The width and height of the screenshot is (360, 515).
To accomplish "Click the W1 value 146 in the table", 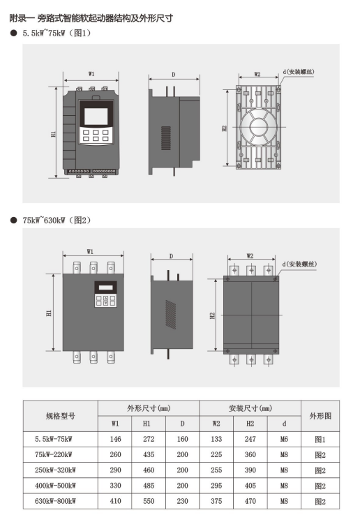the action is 115,439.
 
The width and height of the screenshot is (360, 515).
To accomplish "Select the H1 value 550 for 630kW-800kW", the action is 149,501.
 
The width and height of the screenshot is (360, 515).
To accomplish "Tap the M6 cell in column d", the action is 284,439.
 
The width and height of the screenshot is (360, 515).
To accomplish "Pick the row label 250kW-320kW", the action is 55,470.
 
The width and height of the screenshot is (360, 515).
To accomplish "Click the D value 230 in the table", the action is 182,501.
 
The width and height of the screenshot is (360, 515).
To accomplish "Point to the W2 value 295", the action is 216,486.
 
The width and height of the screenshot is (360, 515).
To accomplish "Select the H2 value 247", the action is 250,439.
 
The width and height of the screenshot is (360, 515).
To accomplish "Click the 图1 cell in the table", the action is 320,440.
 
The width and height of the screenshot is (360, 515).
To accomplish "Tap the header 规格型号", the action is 61,416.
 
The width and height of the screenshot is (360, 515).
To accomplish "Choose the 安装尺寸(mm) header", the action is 250,408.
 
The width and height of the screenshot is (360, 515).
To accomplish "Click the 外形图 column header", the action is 320,416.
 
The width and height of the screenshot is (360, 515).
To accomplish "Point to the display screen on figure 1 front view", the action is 96,117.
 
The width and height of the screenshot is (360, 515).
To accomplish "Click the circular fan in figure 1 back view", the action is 259,127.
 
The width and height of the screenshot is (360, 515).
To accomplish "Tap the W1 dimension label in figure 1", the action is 91,74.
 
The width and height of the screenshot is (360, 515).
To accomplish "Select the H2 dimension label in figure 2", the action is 213,315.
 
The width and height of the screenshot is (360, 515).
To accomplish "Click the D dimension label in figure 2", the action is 171,256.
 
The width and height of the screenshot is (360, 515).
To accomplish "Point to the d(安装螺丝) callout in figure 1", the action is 299,72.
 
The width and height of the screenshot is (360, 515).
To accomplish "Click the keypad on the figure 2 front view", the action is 106,301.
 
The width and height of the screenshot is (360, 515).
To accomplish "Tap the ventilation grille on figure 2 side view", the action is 171,314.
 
